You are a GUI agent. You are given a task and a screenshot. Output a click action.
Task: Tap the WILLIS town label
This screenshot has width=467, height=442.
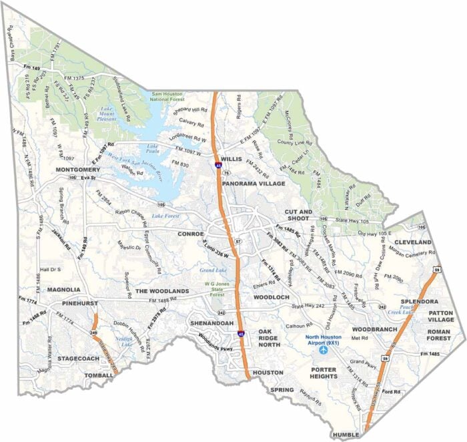click(230, 160)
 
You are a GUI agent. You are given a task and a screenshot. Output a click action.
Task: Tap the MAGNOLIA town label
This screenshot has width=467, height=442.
click(64, 290)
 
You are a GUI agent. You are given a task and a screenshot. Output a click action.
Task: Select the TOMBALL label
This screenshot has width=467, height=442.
click(100, 376)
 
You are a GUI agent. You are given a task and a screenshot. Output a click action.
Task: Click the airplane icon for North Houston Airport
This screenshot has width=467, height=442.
click(324, 349)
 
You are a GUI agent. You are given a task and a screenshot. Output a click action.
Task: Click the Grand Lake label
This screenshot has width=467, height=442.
click(213, 270)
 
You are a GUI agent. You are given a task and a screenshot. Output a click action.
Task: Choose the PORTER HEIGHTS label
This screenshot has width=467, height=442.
click(323, 372)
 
